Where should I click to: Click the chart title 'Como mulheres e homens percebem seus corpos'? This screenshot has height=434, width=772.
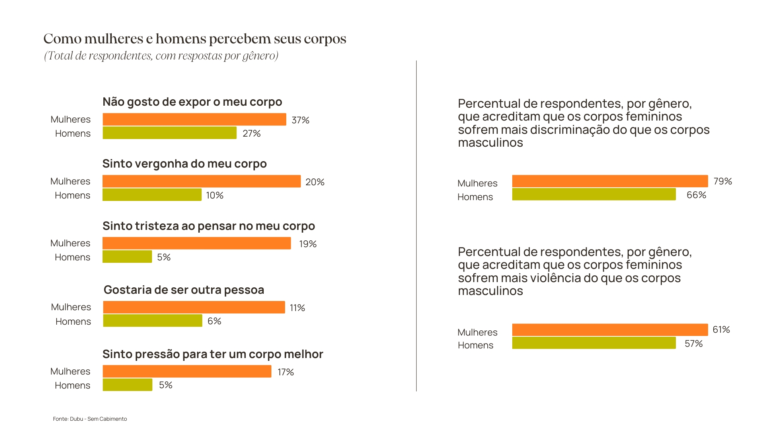195,39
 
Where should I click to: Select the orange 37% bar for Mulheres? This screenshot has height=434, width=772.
194,119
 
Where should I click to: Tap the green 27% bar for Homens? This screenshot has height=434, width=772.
169,133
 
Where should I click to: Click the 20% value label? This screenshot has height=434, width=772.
315,182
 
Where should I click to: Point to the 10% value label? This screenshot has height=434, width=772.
215,195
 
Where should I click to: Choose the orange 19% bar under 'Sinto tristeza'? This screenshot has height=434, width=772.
197,243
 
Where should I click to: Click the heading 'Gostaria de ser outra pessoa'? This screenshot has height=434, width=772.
184,290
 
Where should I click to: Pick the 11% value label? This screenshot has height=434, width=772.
298,308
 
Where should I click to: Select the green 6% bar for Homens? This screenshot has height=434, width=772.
152,321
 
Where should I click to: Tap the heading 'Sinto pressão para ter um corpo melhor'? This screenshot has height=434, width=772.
213,354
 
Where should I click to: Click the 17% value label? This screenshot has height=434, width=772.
286,372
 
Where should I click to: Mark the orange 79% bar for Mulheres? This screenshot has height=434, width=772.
610,181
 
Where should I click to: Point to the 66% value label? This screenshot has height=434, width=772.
696,195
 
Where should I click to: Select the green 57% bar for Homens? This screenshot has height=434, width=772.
594,343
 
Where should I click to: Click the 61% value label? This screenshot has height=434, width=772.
721,330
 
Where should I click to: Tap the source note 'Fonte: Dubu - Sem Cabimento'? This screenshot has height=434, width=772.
90,419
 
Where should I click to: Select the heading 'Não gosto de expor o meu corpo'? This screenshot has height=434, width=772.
192,102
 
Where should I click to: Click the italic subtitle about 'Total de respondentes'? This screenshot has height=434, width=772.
161,55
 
